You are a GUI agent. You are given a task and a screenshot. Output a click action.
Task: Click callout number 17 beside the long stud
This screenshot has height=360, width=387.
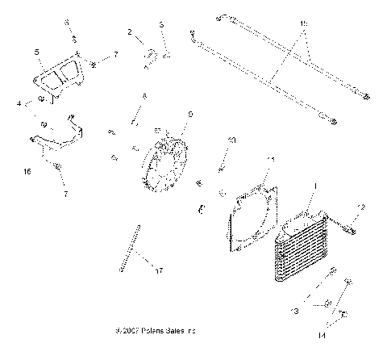[159, 270]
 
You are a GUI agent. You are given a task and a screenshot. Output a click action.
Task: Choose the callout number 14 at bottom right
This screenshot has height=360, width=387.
[344, 333]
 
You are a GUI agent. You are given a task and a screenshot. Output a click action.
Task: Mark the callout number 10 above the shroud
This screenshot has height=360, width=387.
[231, 140]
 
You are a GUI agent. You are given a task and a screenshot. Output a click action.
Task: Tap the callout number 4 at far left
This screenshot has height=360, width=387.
[18, 103]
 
